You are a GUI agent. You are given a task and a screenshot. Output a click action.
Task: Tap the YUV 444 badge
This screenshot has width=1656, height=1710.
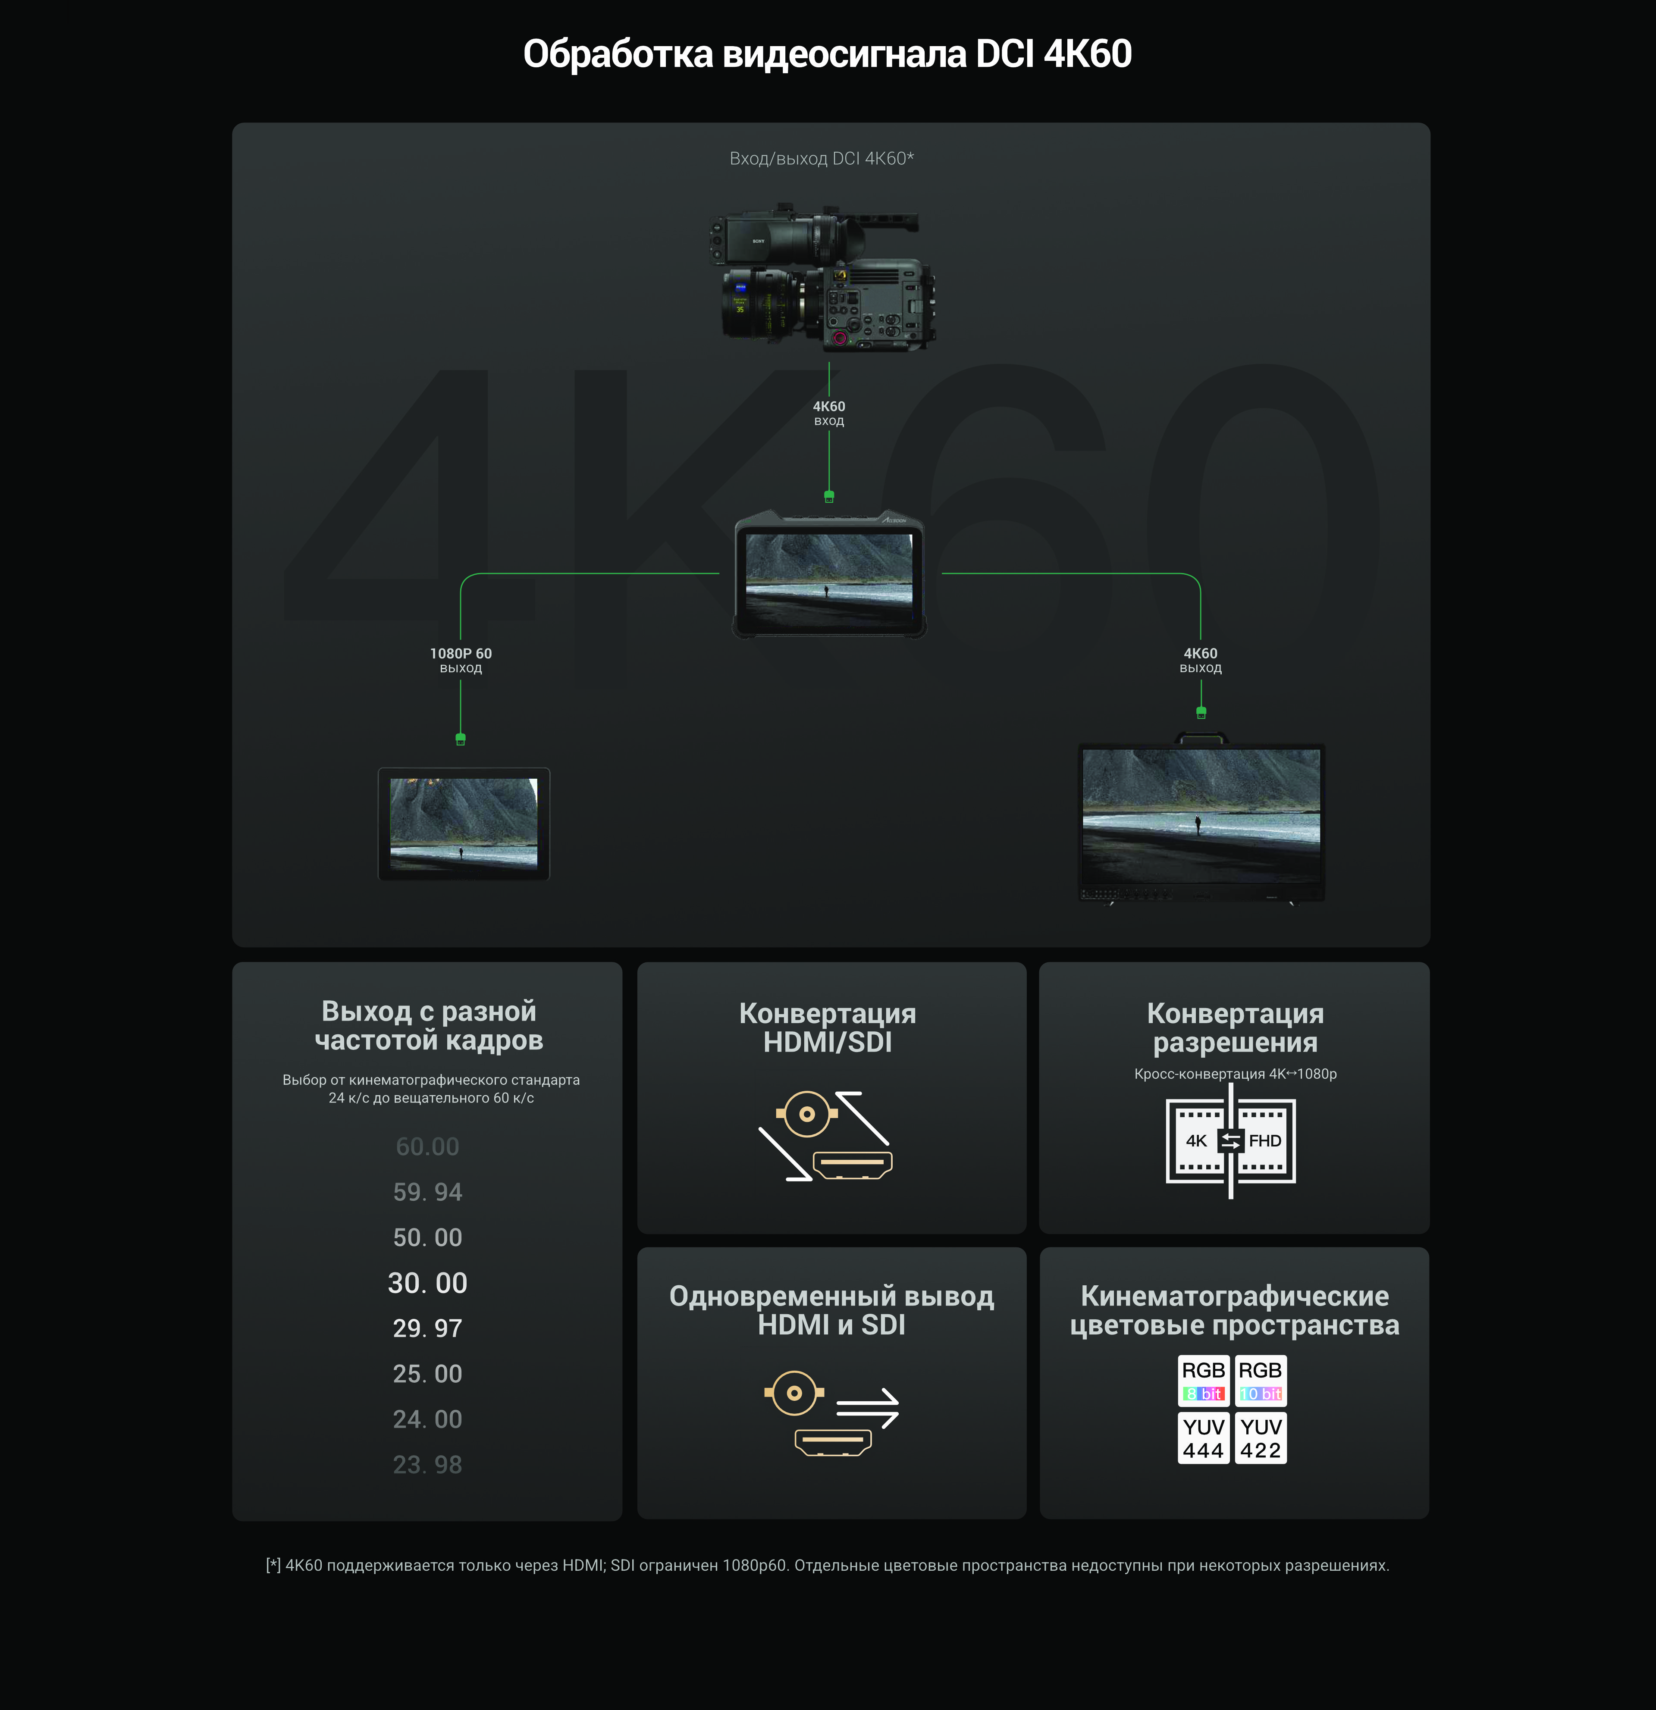tap(1203, 1438)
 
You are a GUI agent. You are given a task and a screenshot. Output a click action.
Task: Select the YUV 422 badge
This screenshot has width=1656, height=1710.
tap(1261, 1438)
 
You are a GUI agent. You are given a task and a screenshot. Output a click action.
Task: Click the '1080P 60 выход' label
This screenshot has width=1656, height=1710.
tap(461, 661)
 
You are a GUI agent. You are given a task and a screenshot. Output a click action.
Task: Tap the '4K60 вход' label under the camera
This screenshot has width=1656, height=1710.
tap(829, 413)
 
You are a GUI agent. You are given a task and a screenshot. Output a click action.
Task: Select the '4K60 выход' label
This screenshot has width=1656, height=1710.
tap(1201, 661)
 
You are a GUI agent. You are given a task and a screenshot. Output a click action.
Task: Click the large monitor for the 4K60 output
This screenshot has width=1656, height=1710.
tap(1201, 820)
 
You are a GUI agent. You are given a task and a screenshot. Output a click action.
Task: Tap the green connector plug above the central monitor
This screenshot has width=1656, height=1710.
tap(829, 496)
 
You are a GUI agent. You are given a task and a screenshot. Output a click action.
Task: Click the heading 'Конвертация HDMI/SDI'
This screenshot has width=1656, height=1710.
tap(827, 1028)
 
